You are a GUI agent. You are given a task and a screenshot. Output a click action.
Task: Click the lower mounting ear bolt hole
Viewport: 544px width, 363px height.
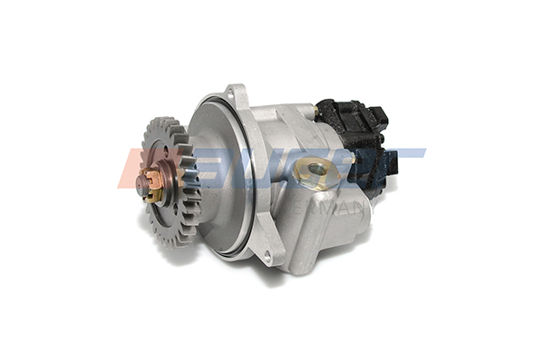[267, 258]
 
